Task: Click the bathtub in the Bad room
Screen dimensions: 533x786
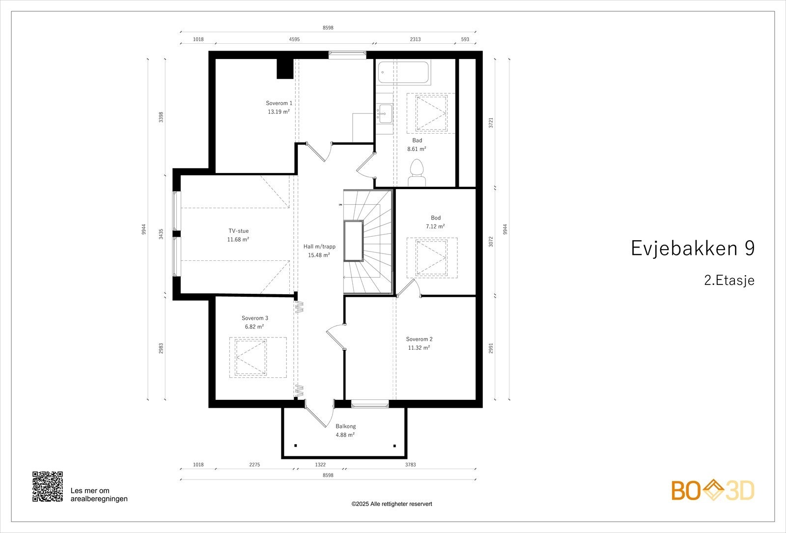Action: pos(403,73)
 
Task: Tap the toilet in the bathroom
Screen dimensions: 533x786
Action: pos(417,173)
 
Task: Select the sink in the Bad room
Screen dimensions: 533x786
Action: pos(385,114)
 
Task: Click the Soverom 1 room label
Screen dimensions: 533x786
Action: pos(279,103)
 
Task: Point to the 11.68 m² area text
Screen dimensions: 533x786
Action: pos(238,240)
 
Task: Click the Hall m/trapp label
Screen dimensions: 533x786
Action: pos(319,247)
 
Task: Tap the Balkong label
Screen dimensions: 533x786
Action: pos(345,426)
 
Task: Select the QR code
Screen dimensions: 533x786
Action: pos(48,486)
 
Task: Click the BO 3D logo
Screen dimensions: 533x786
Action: pos(713,491)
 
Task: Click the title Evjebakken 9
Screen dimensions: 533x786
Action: pos(692,249)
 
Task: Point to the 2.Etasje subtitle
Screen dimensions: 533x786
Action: pos(729,281)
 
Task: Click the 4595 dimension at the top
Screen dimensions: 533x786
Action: pos(294,39)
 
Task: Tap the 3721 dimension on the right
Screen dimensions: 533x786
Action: pos(491,123)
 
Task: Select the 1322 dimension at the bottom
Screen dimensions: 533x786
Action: pos(320,464)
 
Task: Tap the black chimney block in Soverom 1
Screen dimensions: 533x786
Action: pos(284,69)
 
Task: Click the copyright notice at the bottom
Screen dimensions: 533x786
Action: pos(392,504)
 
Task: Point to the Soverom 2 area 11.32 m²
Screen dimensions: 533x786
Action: pos(419,348)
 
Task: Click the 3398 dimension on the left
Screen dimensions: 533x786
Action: pos(161,117)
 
